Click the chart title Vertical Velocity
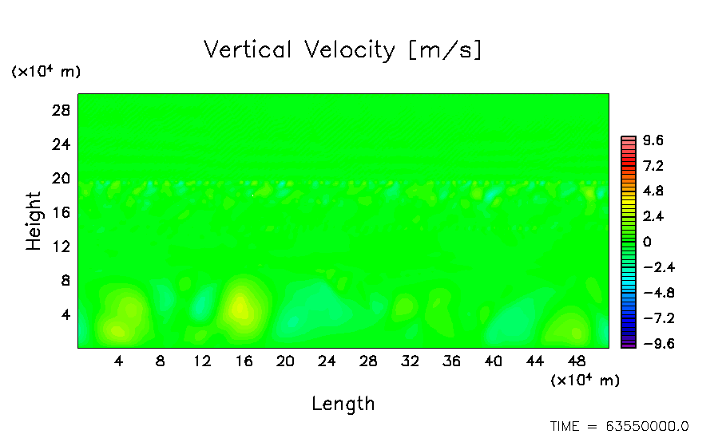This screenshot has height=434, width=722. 343,50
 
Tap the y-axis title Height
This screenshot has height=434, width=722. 34,221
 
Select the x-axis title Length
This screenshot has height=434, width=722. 343,404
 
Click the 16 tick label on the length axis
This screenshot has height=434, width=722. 244,361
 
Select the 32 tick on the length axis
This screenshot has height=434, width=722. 410,361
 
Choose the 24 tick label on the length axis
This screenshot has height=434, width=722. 327,361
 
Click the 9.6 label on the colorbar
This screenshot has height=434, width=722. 653,141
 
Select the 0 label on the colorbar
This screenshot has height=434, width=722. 647,242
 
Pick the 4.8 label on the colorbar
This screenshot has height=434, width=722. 653,191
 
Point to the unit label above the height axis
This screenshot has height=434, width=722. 46,72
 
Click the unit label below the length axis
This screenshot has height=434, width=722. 585,381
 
